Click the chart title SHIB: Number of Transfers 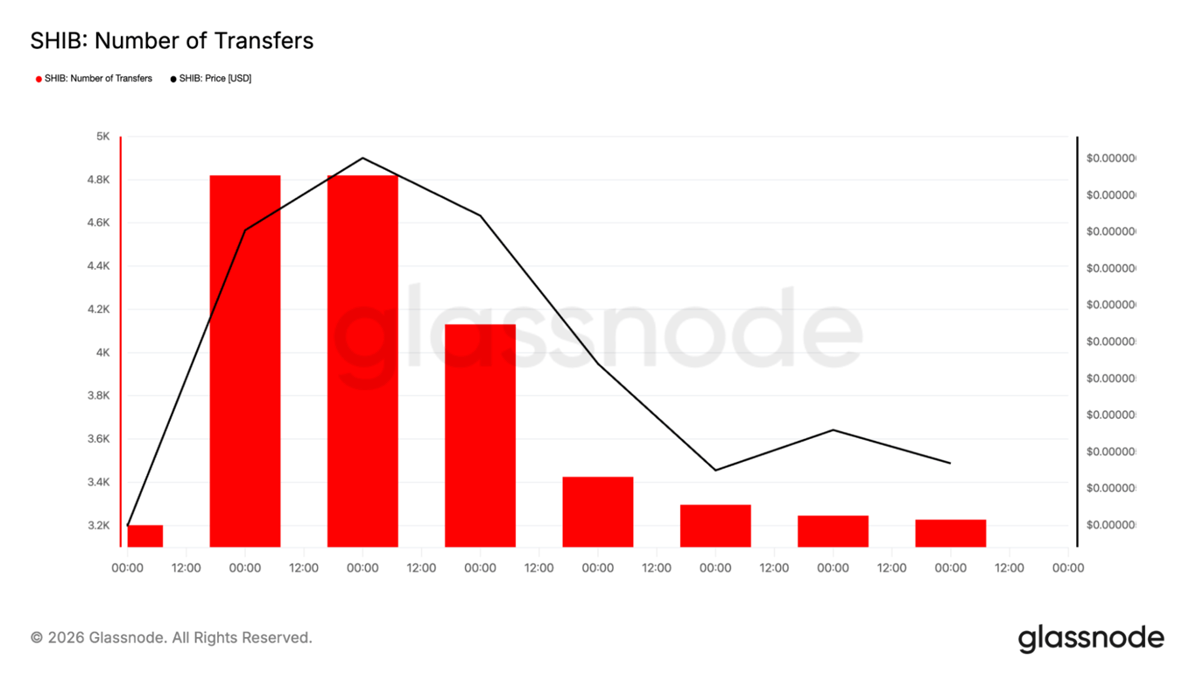(172, 40)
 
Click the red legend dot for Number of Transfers (39, 79)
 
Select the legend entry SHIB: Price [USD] (215, 79)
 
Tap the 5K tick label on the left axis (102, 137)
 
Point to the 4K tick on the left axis (102, 352)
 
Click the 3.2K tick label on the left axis (98, 526)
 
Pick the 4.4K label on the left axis (98, 266)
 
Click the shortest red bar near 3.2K (145, 535)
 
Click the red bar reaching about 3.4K (597, 512)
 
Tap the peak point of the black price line (362, 158)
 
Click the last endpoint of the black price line (950, 463)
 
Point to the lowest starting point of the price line (128, 526)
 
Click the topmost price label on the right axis (1110, 159)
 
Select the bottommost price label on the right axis (1110, 525)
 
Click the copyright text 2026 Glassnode (171, 638)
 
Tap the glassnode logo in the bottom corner (1090, 639)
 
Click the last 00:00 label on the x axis (1067, 568)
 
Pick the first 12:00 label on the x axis (186, 568)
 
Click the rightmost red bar (950, 533)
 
